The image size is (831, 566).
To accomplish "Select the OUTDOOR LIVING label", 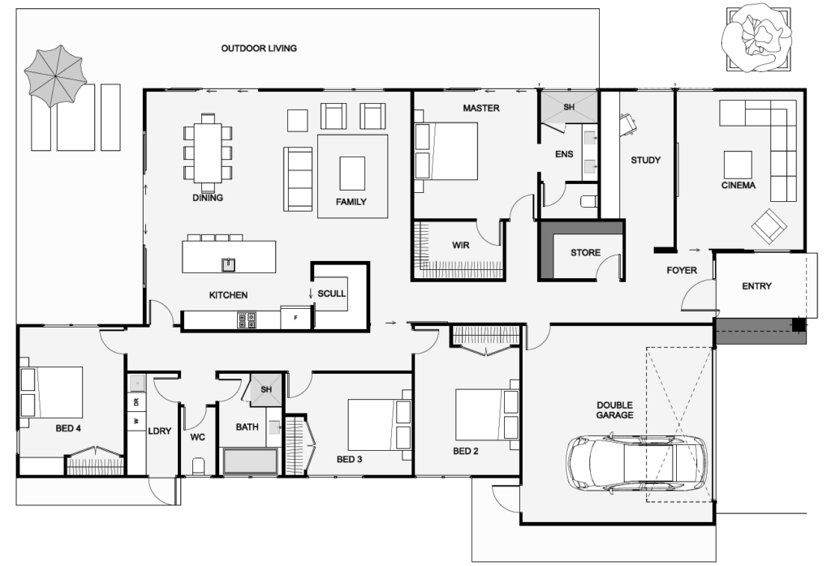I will pyautogui.click(x=259, y=49).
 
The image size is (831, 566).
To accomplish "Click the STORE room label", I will pyautogui.click(x=585, y=253).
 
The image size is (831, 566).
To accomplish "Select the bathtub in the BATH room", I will pyautogui.click(x=250, y=462).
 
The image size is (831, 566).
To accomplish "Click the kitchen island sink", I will pyautogui.click(x=229, y=264).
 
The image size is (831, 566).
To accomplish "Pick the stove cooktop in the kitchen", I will pyautogui.click(x=247, y=320).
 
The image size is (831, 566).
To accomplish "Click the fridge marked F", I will pyautogui.click(x=296, y=318).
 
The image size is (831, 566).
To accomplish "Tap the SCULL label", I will pyautogui.click(x=332, y=293).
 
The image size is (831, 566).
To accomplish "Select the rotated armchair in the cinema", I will pyautogui.click(x=769, y=226).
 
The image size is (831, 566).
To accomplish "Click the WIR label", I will pyautogui.click(x=461, y=245).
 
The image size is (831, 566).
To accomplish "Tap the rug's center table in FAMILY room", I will pyautogui.click(x=352, y=173).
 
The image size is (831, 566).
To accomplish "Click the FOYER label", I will pyautogui.click(x=682, y=270).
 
